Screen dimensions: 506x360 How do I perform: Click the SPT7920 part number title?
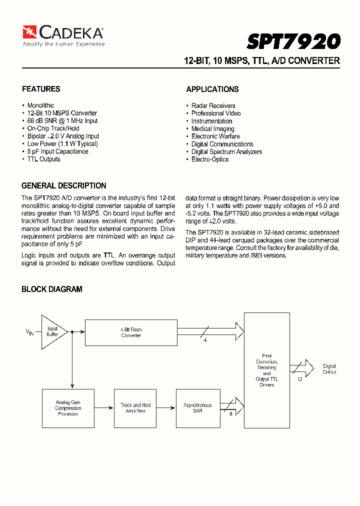coord(294,41)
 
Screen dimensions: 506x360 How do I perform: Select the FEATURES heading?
coord(41,89)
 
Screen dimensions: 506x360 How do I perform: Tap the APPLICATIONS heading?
coord(212,89)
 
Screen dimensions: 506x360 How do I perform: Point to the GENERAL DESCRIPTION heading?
coord(64,185)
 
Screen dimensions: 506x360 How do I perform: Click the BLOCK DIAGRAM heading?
coord(52,289)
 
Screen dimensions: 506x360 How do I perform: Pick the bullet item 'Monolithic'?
coord(40,105)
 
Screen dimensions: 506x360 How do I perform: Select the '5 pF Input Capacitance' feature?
coord(57,151)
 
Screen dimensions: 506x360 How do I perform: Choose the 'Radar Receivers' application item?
coord(213,105)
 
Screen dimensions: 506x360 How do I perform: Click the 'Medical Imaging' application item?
coord(212,128)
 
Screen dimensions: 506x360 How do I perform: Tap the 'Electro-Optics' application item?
coord(209,159)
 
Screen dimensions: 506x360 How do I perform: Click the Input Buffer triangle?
coord(52,331)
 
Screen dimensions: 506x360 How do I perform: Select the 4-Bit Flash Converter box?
coord(131,332)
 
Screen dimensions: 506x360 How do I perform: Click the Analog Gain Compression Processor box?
coord(68,408)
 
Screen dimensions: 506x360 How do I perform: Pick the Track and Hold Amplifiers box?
coord(135,408)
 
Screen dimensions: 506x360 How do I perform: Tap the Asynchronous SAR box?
coord(197,408)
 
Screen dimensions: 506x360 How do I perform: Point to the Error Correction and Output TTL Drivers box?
coord(266,370)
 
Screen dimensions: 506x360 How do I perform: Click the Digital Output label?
coord(329,369)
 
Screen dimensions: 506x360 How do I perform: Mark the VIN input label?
coord(30,332)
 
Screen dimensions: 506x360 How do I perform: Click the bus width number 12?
coord(300,379)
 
